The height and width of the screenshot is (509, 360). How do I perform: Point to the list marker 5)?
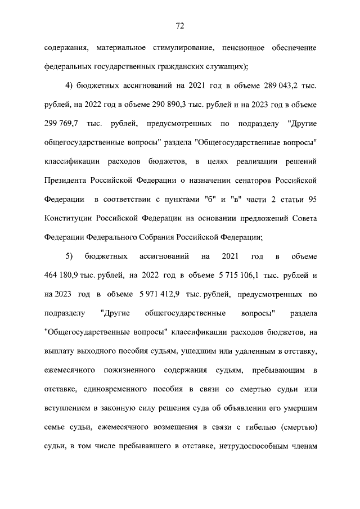pos(70,256)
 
